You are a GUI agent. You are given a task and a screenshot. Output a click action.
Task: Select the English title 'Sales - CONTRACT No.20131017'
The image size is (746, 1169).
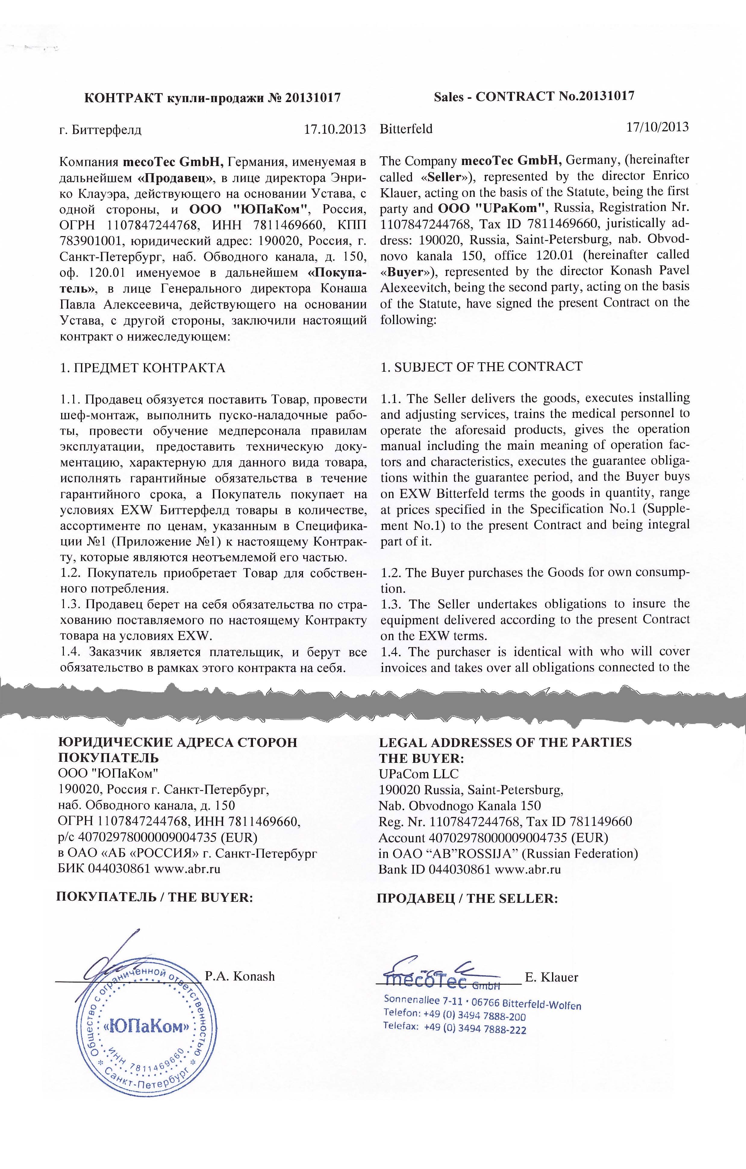534,96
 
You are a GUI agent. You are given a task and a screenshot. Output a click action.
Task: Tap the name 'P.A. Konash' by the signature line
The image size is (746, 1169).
240,976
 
